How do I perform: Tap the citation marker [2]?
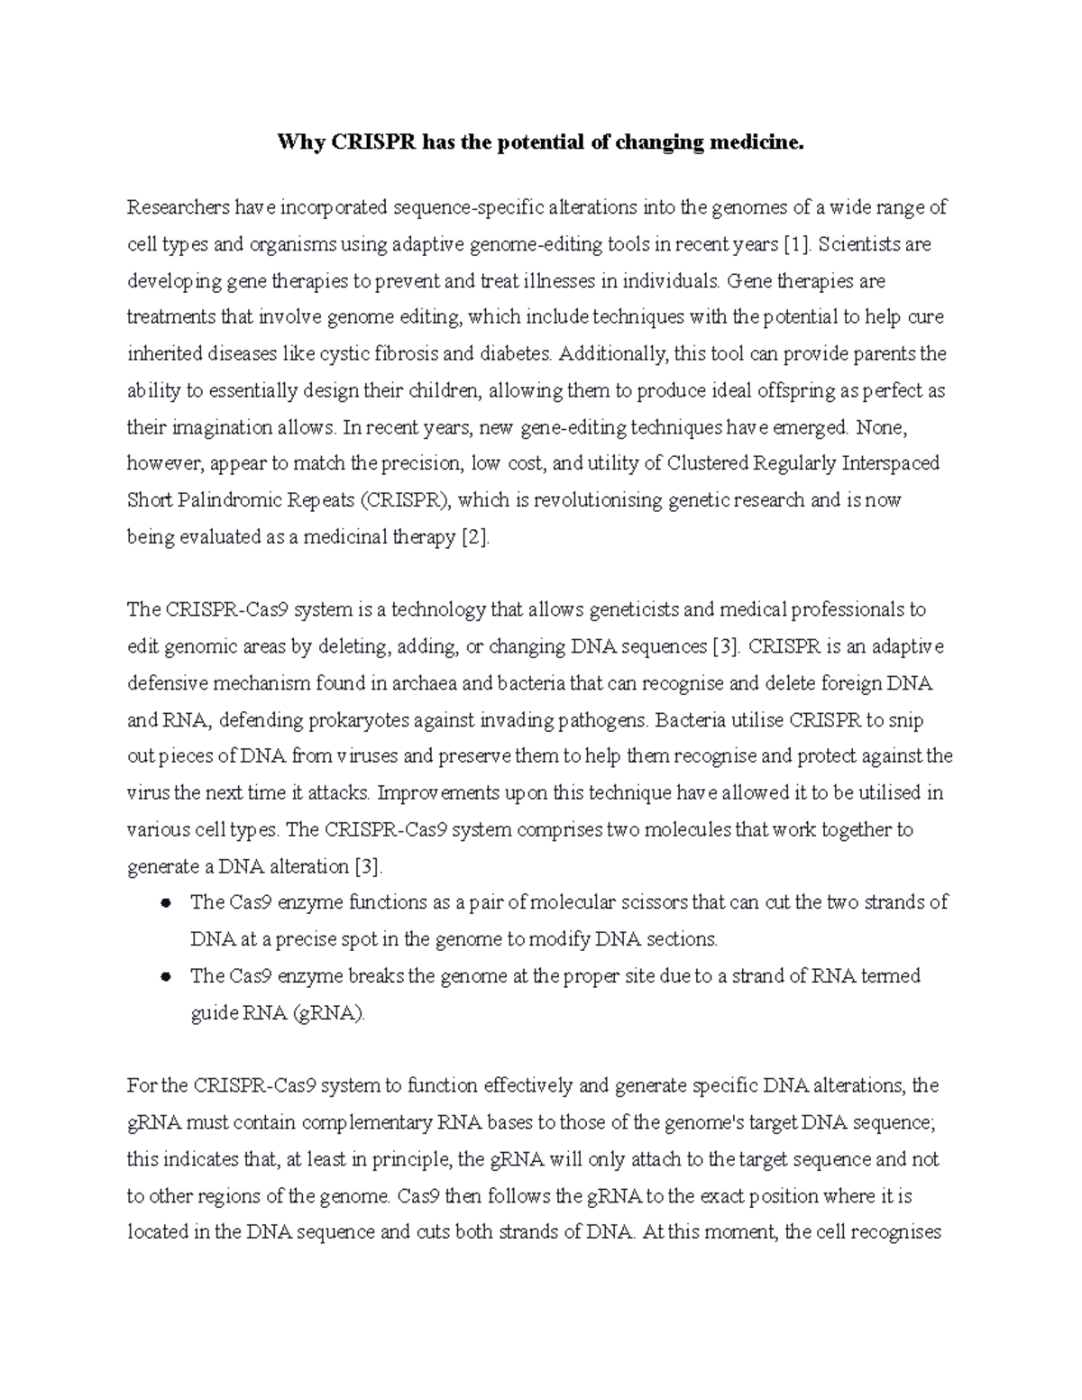[475, 537]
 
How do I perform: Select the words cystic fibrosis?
[363, 354]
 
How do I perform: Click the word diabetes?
[515, 354]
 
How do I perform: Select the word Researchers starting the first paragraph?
[179, 208]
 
